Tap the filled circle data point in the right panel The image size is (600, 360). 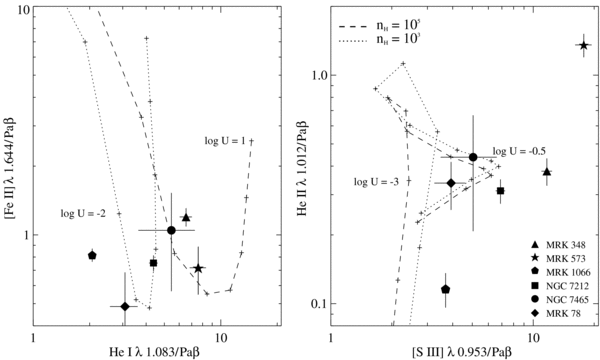coord(473,157)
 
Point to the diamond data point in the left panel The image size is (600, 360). coord(125,306)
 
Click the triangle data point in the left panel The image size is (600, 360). coord(186,217)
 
